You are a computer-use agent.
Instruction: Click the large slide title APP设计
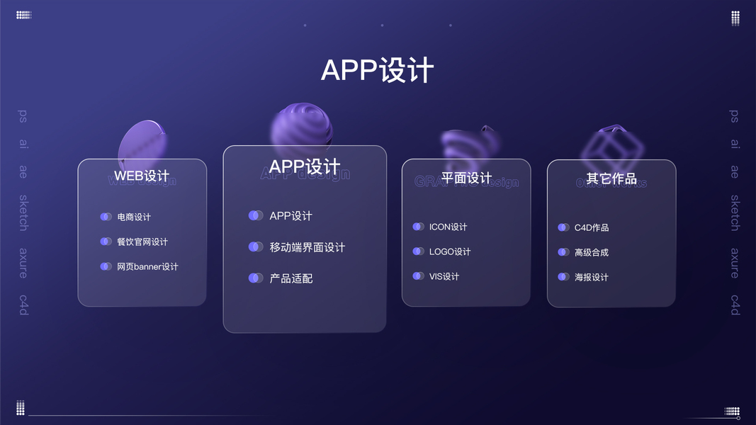tap(377, 71)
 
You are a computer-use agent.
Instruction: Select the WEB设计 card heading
tap(142, 176)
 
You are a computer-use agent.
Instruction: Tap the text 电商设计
tap(134, 217)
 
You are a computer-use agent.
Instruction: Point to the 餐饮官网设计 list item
tap(142, 242)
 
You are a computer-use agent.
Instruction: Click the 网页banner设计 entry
tap(147, 266)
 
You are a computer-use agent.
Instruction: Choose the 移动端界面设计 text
tap(307, 247)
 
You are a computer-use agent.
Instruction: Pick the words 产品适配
tap(290, 278)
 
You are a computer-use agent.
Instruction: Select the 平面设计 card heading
tap(466, 178)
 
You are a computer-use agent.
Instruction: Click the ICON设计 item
tap(448, 227)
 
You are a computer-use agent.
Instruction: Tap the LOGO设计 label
tap(450, 251)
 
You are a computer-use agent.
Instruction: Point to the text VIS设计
tap(444, 276)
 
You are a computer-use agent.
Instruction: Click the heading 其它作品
tap(611, 178)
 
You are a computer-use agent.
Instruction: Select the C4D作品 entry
tap(592, 227)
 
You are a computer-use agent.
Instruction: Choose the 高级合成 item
tap(592, 252)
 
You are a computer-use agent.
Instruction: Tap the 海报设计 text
tap(592, 277)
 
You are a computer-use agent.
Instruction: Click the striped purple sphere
tap(302, 130)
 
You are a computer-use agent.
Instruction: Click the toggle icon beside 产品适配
tap(256, 278)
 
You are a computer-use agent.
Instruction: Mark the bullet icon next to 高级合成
tap(563, 252)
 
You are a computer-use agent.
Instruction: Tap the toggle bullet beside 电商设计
tap(106, 217)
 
